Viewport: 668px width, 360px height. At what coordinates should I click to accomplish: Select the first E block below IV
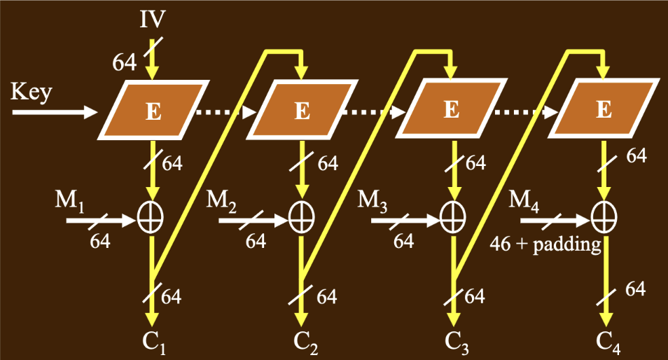tap(153, 110)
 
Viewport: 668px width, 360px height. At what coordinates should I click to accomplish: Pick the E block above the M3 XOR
tap(452, 110)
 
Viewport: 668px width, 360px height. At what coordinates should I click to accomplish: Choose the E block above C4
tap(603, 110)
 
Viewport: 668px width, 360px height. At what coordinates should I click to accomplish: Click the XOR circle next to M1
tap(150, 219)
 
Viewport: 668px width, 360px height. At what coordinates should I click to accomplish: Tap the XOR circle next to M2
tap(301, 219)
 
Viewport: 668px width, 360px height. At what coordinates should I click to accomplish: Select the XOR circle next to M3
tap(452, 219)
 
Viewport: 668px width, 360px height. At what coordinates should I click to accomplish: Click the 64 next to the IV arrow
tap(125, 62)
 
